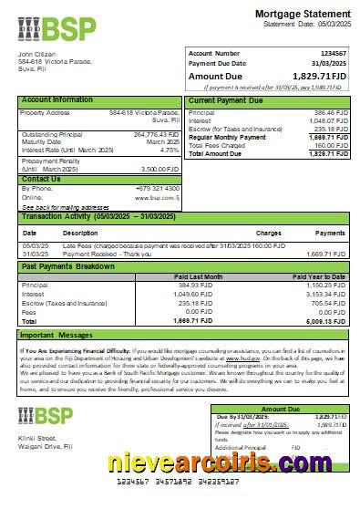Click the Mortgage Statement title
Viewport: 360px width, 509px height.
click(x=302, y=13)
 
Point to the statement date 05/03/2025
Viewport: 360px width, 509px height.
click(x=327, y=24)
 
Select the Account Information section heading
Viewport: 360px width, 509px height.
click(x=57, y=99)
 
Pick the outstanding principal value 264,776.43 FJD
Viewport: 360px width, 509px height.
click(x=155, y=134)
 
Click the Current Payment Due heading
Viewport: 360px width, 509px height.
click(x=227, y=99)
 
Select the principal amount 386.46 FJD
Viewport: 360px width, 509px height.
click(x=329, y=111)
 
